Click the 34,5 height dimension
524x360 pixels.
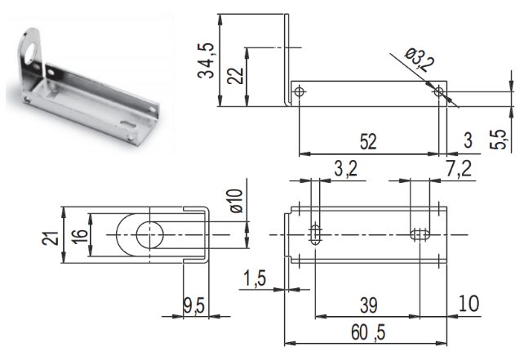point(206,60)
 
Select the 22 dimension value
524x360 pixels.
point(235,76)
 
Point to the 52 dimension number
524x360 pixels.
point(368,142)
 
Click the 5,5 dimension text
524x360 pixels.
point(498,139)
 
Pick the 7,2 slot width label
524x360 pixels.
point(460,168)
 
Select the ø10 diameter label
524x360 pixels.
point(236,201)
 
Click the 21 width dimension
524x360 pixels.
point(50,238)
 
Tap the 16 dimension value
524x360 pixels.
point(80,236)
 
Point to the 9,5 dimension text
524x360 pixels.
point(194,306)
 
